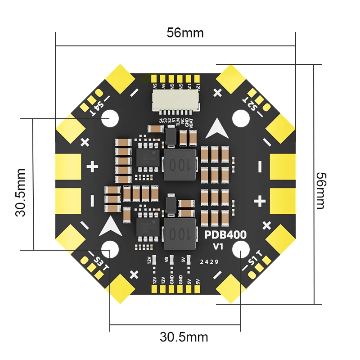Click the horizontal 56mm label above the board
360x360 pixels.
coord(185,33)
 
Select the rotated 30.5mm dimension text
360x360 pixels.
coord(21,193)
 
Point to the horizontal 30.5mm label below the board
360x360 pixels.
coord(184,337)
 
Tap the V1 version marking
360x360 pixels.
coord(218,247)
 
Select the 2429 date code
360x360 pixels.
coord(209,261)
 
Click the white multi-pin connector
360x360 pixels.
coord(175,100)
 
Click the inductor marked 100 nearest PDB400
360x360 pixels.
coord(180,234)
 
